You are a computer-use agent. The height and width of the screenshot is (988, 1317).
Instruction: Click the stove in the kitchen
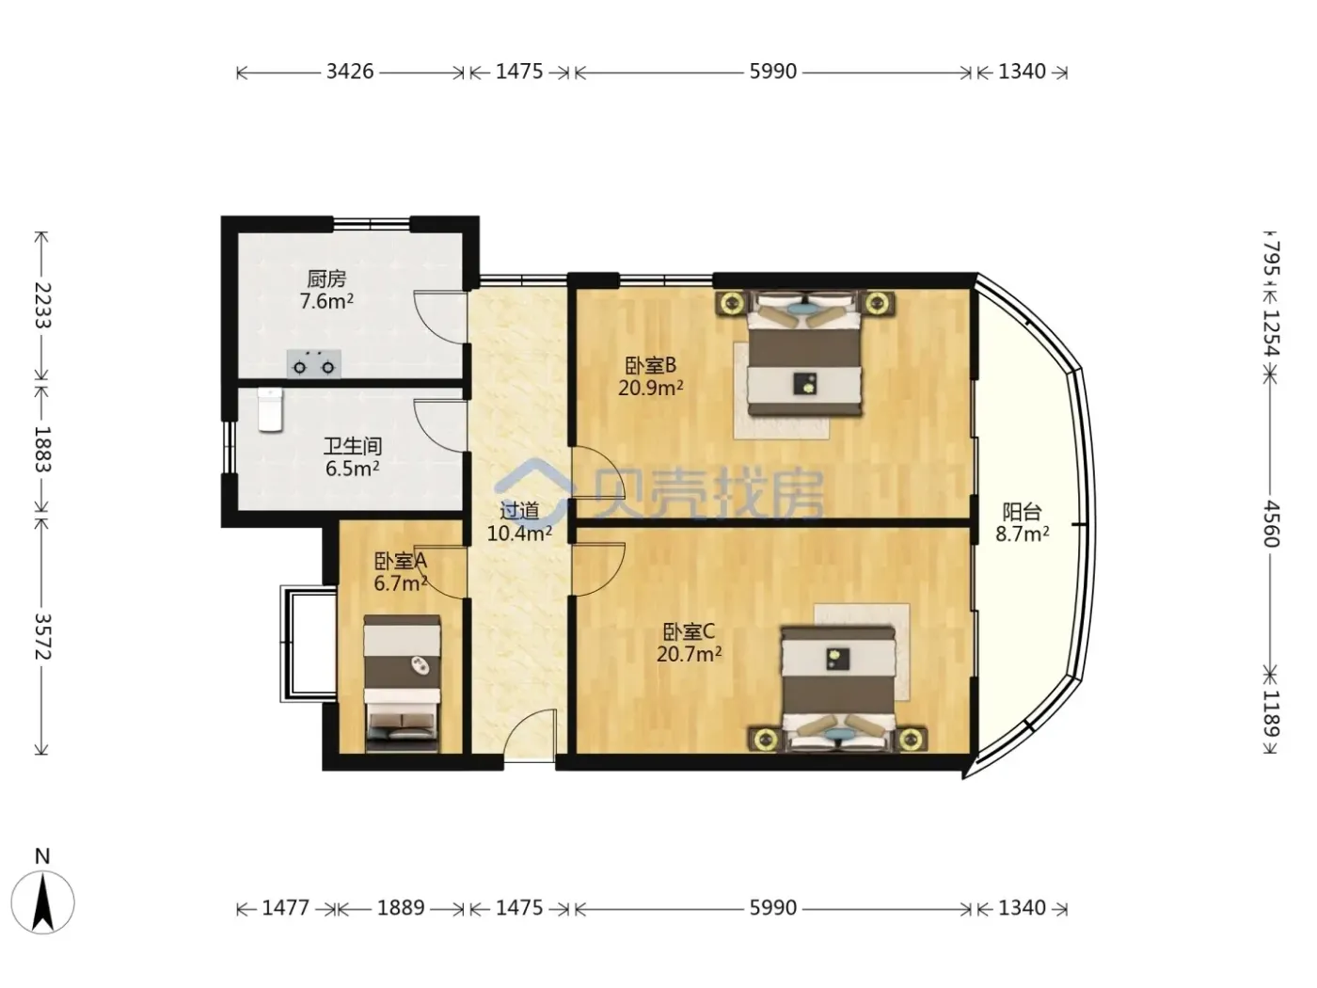[x=314, y=363]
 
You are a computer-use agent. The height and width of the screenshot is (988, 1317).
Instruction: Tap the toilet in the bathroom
[x=270, y=409]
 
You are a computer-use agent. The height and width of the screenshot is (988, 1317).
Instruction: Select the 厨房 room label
[x=326, y=279]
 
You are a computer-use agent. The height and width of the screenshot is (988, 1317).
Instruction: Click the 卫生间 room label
[x=352, y=446]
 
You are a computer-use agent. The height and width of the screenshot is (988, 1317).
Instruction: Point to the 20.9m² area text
[x=650, y=388]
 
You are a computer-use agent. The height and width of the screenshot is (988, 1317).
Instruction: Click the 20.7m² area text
[x=689, y=654]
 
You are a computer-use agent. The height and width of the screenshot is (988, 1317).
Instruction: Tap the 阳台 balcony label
[x=1022, y=511]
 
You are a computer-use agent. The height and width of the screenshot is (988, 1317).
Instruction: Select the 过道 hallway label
[x=519, y=511]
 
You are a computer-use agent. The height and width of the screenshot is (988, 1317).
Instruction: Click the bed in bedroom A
[x=403, y=683]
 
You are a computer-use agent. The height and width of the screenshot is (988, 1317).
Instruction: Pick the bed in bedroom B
[x=804, y=354]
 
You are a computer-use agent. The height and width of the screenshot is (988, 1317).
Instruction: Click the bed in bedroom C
[x=837, y=690]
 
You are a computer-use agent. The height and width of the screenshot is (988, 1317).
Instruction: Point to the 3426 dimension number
[x=350, y=72]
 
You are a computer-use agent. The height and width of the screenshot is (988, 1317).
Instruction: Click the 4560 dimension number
[x=1270, y=524]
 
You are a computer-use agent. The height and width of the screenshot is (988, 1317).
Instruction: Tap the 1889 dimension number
[x=400, y=908]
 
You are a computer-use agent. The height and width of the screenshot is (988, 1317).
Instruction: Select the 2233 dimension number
[x=42, y=305]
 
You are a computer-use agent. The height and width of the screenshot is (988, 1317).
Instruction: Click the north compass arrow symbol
[x=42, y=902]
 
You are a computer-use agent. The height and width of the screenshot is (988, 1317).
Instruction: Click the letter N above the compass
[x=42, y=856]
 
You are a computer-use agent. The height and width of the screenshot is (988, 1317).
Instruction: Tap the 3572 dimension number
[x=42, y=636]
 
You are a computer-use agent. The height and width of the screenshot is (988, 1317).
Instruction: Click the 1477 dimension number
[x=286, y=908]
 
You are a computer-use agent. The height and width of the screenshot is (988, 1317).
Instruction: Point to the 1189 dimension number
[x=1270, y=714]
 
